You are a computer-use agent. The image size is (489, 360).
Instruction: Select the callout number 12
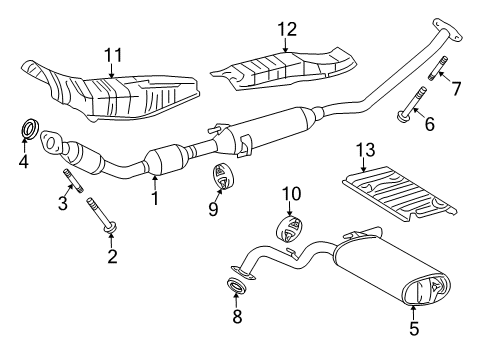point(288,29)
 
